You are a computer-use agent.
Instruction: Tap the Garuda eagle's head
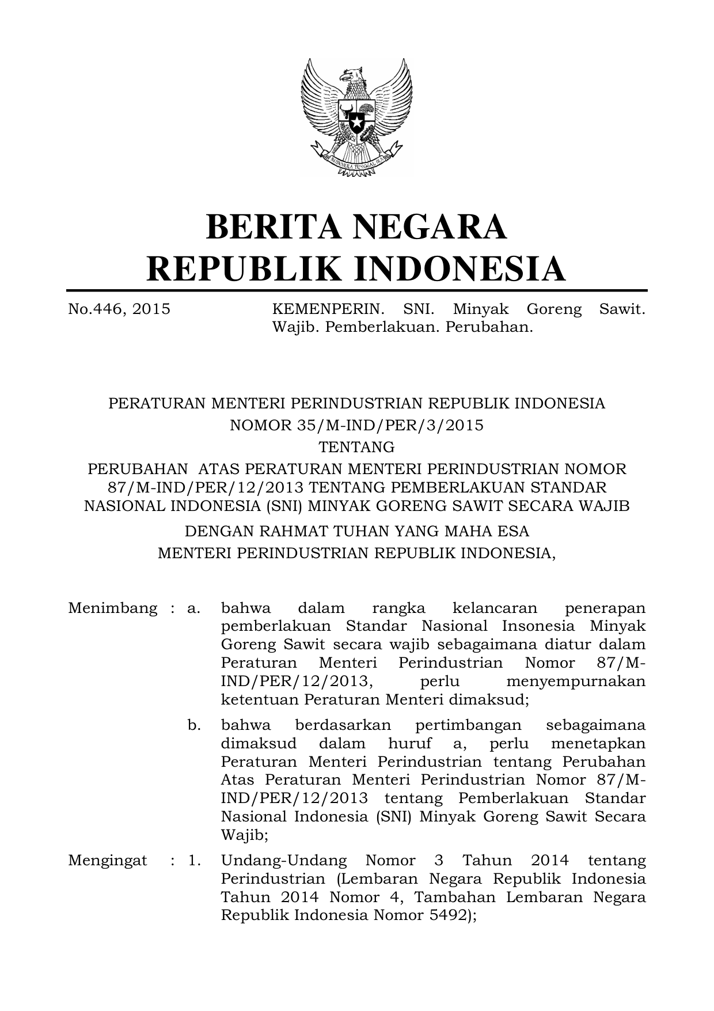coord(352,75)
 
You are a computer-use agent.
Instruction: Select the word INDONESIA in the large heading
coord(459,268)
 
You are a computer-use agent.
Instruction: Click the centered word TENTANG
coord(357,447)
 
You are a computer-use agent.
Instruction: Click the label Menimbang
coord(113,608)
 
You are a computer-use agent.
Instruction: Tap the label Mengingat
coord(108,861)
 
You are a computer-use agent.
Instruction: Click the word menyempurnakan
coord(575,681)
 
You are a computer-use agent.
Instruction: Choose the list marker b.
coord(194,725)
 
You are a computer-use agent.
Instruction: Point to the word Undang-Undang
coord(284,861)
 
